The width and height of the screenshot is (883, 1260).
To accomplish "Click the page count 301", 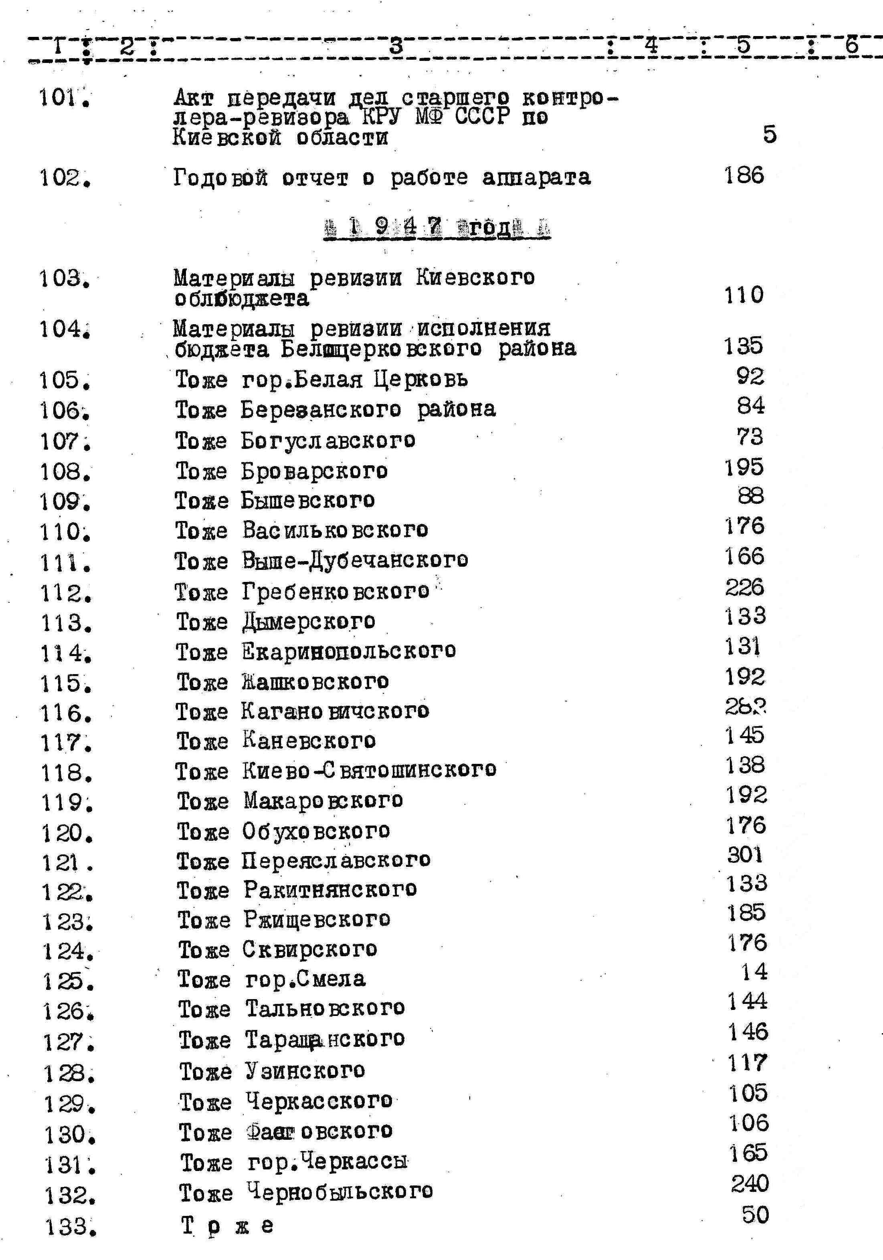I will pyautogui.click(x=745, y=854).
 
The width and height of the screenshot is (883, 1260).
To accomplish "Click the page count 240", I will pyautogui.click(x=750, y=1184).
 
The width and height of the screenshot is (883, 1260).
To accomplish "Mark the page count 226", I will pyautogui.click(x=744, y=587).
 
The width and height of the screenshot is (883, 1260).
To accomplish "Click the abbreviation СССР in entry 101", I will pyautogui.click(x=483, y=117).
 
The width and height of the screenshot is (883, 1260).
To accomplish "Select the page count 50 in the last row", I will pyautogui.click(x=755, y=1214).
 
